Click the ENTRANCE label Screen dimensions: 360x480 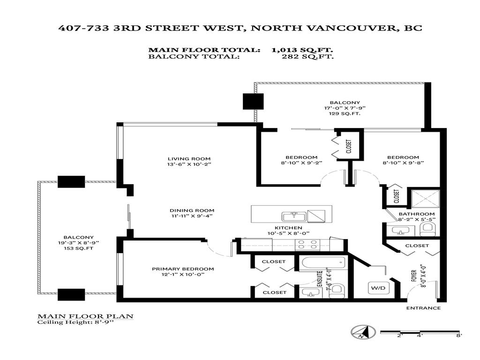(x=423, y=308)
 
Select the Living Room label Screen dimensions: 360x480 (x=183, y=158)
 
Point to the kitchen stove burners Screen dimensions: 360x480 (x=307, y=244)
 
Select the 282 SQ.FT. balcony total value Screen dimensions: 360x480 (x=308, y=57)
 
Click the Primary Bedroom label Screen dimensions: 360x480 (x=183, y=269)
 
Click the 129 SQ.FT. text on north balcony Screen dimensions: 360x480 (x=345, y=114)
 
